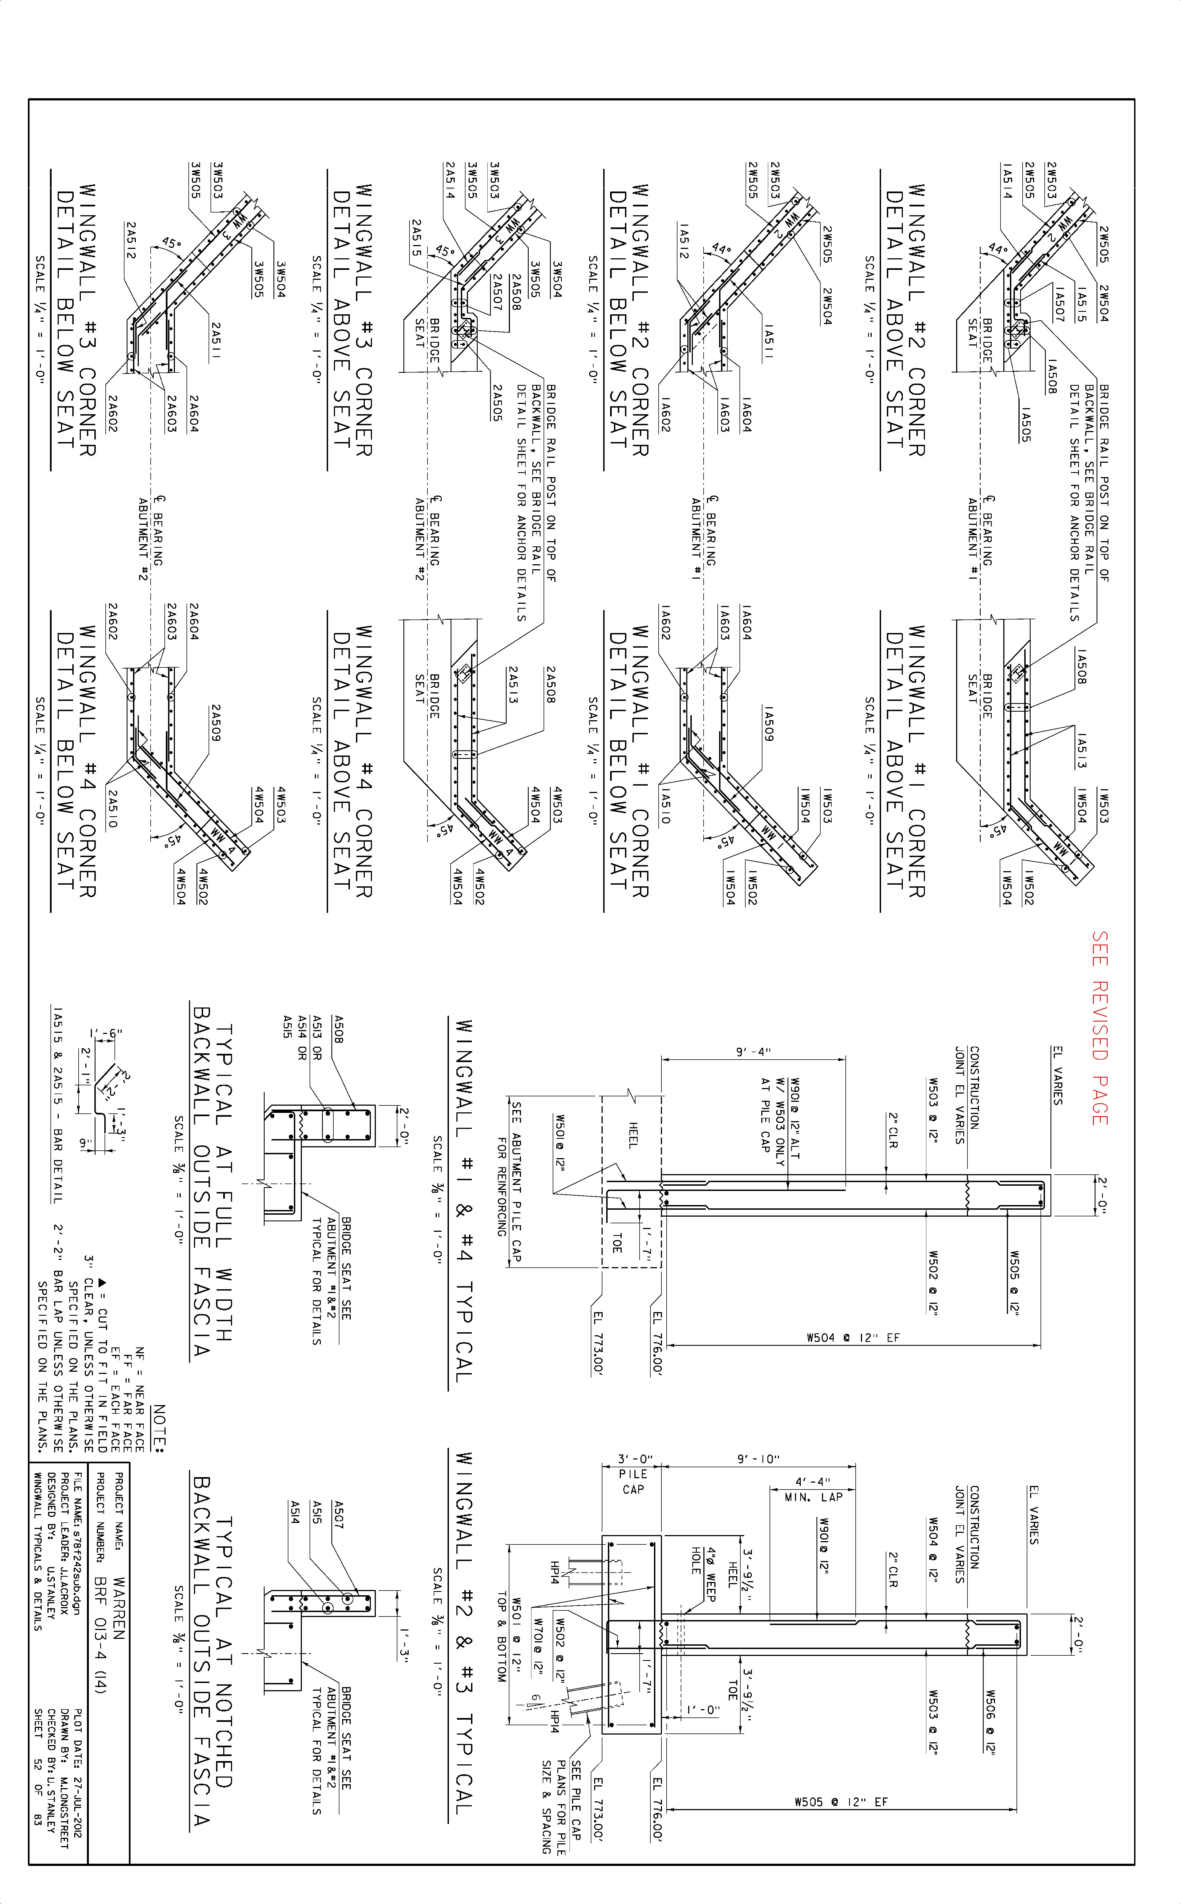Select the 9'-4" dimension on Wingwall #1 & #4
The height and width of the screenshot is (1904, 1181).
[753, 1052]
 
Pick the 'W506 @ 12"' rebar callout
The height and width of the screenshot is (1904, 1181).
[990, 1722]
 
